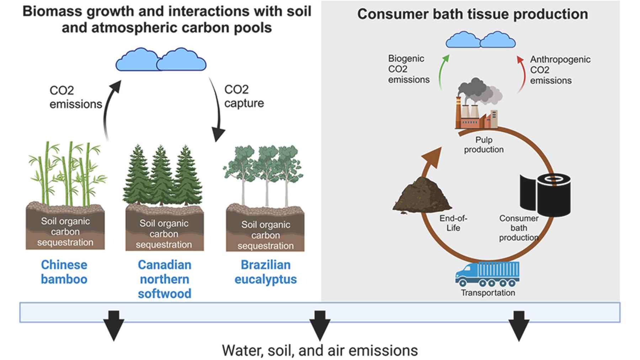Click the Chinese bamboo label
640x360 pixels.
pos(64,272)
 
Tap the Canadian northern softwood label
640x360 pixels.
pos(164,279)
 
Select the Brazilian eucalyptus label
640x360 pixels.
pos(265,272)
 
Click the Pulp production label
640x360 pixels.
pos(484,145)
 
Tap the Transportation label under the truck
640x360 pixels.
pos(488,293)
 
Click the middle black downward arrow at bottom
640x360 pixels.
pos(320,325)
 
